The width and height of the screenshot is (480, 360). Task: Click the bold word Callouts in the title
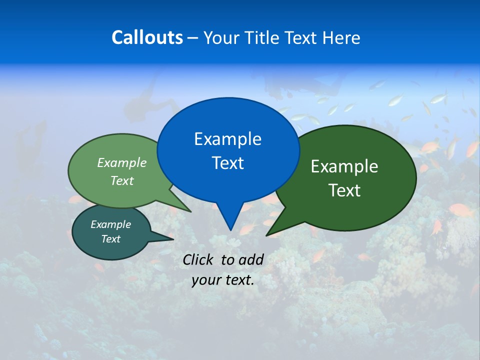(x=147, y=37)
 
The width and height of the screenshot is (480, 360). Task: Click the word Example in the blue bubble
(x=227, y=139)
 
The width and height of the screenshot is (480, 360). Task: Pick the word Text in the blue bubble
(x=227, y=163)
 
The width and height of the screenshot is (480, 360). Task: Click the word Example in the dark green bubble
(x=344, y=166)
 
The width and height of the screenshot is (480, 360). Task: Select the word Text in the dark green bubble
(x=344, y=190)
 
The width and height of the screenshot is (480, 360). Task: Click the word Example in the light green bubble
(x=122, y=162)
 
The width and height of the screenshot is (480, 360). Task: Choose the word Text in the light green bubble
(x=122, y=180)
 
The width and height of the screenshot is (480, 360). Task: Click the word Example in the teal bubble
(x=110, y=224)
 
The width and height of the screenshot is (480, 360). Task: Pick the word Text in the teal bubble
(x=110, y=239)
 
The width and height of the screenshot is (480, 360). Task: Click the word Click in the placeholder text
(x=199, y=259)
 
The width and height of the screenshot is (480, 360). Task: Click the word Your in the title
(x=223, y=37)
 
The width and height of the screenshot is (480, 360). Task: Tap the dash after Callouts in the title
(x=193, y=38)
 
